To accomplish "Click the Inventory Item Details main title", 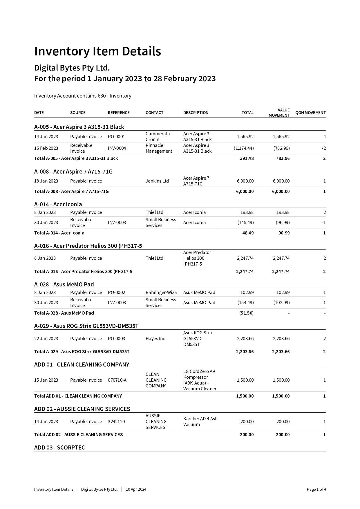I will [x=97, y=51].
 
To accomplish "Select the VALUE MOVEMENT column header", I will [x=279, y=113].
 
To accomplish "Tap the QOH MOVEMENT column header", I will [x=310, y=113].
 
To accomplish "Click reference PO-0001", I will [x=116, y=137].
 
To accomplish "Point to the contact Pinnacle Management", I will [x=159, y=148].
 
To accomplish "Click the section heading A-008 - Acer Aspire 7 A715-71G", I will [x=73, y=172].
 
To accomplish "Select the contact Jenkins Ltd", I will [x=157, y=181].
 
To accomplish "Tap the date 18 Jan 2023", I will [x=46, y=181].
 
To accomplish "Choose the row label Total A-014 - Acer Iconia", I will [x=59, y=233].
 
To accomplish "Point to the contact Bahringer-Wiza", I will [x=161, y=293].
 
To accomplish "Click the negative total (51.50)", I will [x=246, y=313].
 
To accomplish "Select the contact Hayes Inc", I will [x=155, y=339].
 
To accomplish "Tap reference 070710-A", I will [x=117, y=380].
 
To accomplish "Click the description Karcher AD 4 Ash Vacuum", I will [x=200, y=422].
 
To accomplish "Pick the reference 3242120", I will [x=116, y=422].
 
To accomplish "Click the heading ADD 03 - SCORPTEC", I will [x=59, y=447].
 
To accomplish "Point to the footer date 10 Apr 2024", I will [x=136, y=490].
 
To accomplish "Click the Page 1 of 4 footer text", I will [x=316, y=490].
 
